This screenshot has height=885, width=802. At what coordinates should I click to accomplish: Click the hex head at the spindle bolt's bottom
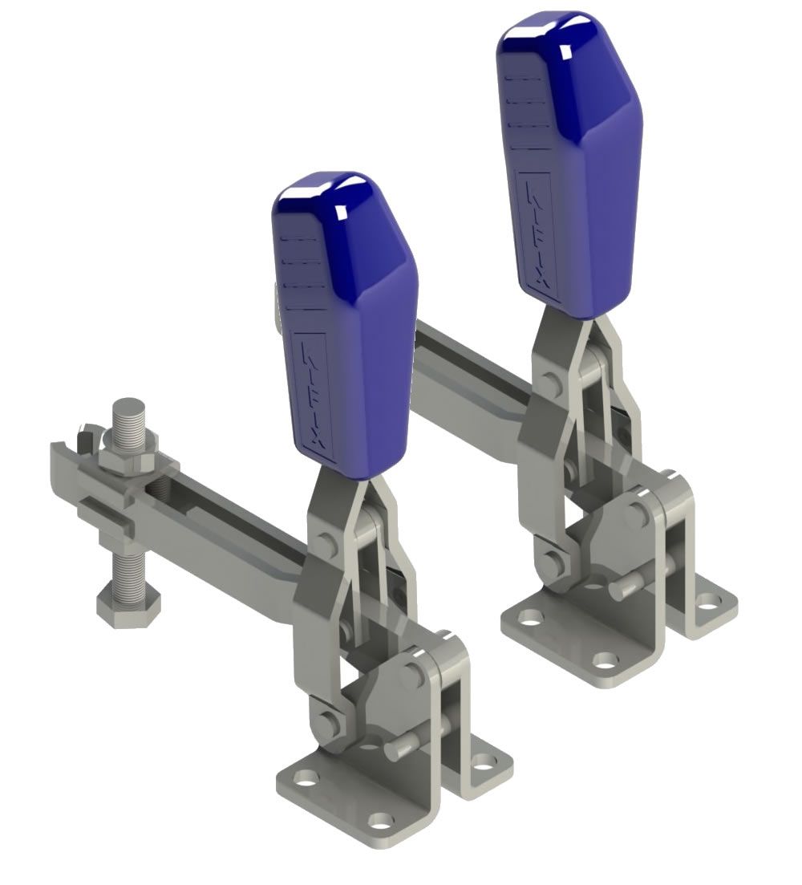click(x=128, y=602)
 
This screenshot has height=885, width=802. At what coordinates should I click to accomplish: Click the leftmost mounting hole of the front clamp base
click(x=304, y=778)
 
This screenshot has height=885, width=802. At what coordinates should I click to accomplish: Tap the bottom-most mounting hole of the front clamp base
click(x=383, y=821)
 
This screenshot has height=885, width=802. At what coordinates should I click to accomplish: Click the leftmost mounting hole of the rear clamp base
click(x=529, y=618)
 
